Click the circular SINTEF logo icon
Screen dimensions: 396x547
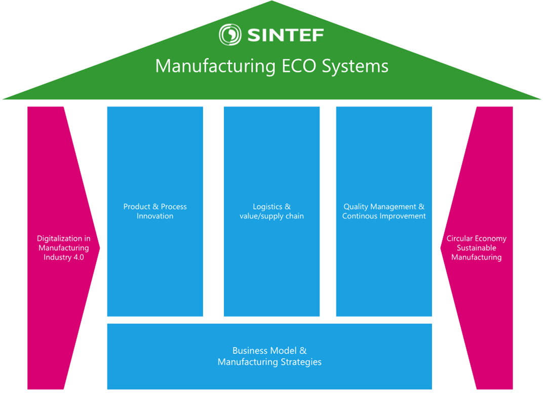point(229,34)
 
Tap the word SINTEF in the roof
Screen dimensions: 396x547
point(285,34)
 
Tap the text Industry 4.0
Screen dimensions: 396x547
point(64,257)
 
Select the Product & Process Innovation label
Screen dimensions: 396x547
point(155,211)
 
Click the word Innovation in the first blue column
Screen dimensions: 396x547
point(155,216)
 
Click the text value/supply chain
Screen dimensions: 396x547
point(271,216)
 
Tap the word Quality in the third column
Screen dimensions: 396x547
point(356,207)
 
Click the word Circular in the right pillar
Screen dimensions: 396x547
point(459,238)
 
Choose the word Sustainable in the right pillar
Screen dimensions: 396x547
point(476,248)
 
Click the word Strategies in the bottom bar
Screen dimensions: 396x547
point(301,362)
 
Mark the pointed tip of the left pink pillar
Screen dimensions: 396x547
point(99,248)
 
